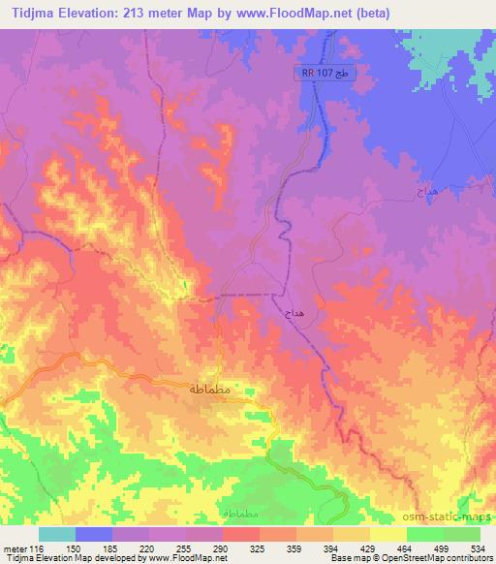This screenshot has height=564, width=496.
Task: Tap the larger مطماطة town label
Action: tap(209, 389)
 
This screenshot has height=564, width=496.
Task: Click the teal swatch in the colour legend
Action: tap(57, 534)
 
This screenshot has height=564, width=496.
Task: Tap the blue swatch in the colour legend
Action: tap(94, 534)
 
